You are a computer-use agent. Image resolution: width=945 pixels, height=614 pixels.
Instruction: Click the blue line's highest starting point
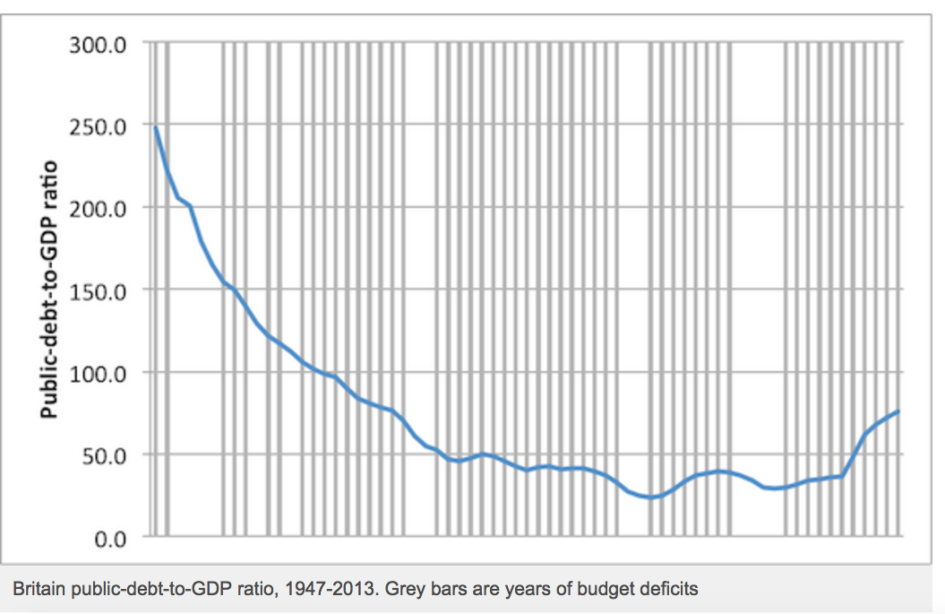click(x=156, y=126)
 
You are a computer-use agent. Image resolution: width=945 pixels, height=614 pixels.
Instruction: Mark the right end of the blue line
click(x=898, y=411)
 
